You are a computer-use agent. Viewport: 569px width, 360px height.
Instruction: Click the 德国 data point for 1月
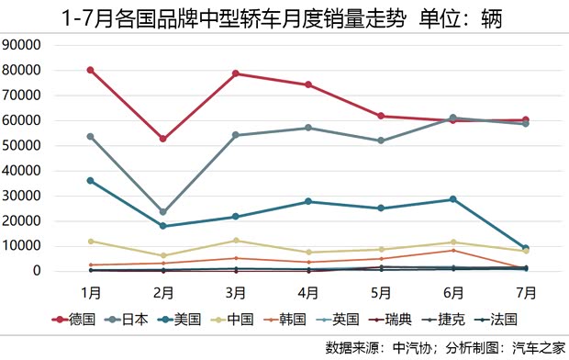(x=90, y=70)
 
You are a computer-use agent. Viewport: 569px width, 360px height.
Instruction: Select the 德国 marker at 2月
(x=163, y=139)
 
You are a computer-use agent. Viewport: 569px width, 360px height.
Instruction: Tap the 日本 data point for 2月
(x=163, y=212)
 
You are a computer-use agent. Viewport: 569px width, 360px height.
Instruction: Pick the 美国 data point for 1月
(x=90, y=181)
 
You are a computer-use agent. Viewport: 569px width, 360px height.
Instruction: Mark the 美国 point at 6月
(x=452, y=199)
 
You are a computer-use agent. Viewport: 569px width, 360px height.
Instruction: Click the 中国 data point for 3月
(x=236, y=241)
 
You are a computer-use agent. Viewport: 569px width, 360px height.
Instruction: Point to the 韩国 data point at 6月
(x=452, y=251)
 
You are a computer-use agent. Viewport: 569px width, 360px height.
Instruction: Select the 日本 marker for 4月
(x=308, y=128)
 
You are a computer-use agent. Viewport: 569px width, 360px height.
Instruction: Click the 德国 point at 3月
(x=236, y=73)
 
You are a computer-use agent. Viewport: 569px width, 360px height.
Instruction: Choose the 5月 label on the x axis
(x=380, y=292)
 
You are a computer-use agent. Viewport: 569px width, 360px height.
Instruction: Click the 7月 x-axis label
(x=525, y=292)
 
